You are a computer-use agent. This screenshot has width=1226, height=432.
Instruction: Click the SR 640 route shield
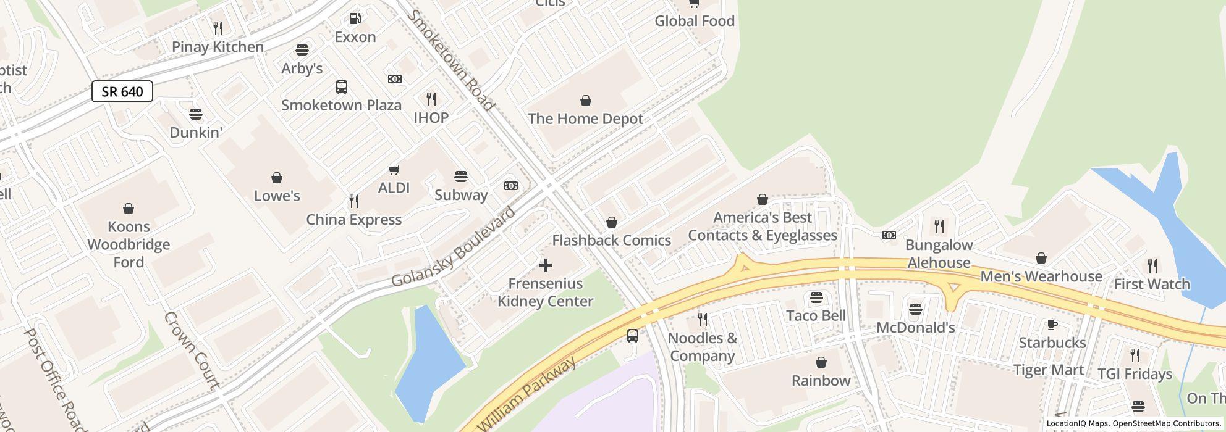pyautogui.click(x=122, y=92)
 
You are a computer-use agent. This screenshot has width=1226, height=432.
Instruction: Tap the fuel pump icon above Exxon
pyautogui.click(x=355, y=19)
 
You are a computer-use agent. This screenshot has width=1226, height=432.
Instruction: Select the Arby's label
pyautogui.click(x=302, y=69)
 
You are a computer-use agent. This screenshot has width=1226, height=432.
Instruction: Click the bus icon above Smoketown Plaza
pyautogui.click(x=341, y=87)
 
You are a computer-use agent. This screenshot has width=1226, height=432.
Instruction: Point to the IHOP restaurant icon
pyautogui.click(x=431, y=99)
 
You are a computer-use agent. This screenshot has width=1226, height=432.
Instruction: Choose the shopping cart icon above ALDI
pyautogui.click(x=394, y=170)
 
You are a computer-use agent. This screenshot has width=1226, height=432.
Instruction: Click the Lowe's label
pyautogui.click(x=277, y=196)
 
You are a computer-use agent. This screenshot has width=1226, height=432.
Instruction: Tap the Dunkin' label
pyautogui.click(x=196, y=133)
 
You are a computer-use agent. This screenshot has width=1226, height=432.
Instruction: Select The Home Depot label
pyautogui.click(x=585, y=118)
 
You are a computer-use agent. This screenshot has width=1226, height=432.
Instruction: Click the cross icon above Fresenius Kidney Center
pyautogui.click(x=545, y=265)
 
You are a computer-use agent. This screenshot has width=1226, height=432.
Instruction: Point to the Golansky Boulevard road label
pyautogui.click(x=454, y=248)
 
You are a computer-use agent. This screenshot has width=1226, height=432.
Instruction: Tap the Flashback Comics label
pyautogui.click(x=611, y=240)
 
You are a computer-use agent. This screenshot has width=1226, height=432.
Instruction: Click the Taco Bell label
pyautogui.click(x=816, y=315)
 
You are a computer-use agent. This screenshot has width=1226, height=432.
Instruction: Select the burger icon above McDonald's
pyautogui.click(x=916, y=309)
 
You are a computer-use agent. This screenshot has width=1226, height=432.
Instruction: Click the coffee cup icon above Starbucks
pyautogui.click(x=1052, y=325)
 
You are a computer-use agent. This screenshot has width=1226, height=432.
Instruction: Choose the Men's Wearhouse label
pyautogui.click(x=1041, y=276)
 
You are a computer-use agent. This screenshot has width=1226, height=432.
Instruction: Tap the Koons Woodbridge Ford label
pyautogui.click(x=129, y=244)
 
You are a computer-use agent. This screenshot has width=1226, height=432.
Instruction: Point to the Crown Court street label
pyautogui.click(x=192, y=351)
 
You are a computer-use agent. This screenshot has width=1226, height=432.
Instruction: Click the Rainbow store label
pyautogui.click(x=821, y=380)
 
